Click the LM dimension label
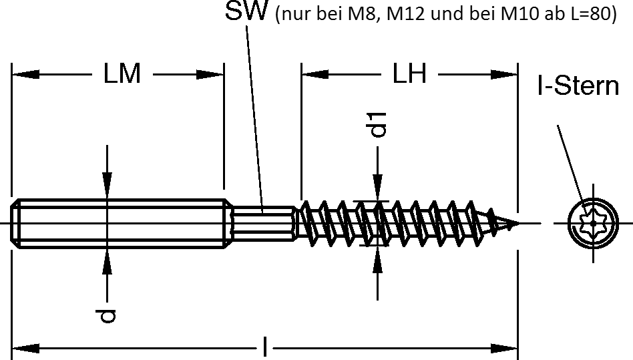(122, 74)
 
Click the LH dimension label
(409, 74)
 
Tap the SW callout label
(246, 13)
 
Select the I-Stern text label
(578, 85)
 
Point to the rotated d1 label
(379, 124)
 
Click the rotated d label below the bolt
(107, 315)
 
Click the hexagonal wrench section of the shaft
(264, 222)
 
